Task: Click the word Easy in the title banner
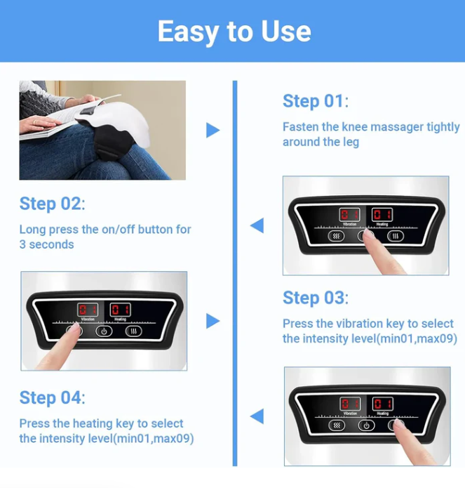pos(183,32)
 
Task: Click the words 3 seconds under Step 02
pos(46,244)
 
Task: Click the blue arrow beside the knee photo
pos(213,131)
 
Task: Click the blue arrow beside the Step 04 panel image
pos(257,416)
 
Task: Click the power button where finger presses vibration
pos(104,331)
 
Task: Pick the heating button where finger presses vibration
pos(133,331)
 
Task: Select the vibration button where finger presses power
pos(337,236)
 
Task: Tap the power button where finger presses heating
pos(366,426)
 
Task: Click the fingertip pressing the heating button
pos(400,427)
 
